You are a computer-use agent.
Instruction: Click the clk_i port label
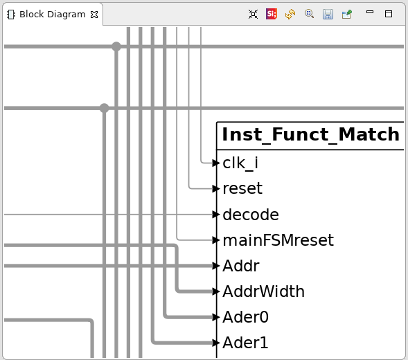[240, 163]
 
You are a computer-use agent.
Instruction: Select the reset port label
[242, 188]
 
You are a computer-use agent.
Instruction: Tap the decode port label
[251, 215]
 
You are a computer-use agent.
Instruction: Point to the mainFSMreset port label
[278, 240]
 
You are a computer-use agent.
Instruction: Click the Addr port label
[241, 266]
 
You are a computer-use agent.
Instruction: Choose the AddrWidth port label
[264, 291]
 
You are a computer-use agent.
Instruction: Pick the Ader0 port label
[245, 317]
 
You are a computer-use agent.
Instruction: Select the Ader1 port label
[245, 342]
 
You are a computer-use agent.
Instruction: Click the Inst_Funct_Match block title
[311, 135]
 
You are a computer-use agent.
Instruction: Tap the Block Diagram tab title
[53, 15]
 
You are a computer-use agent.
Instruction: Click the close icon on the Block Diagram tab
[94, 15]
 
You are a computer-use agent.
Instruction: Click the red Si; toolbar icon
[272, 14]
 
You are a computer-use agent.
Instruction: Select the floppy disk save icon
[328, 14]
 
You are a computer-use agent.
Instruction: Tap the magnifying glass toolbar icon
[309, 14]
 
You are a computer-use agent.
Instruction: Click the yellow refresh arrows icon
[290, 14]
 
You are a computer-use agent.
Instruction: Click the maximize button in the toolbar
[389, 14]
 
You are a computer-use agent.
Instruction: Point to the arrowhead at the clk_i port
[216, 163]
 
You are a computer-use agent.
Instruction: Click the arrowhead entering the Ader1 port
[216, 343]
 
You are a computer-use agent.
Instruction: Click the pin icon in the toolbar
[347, 14]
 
